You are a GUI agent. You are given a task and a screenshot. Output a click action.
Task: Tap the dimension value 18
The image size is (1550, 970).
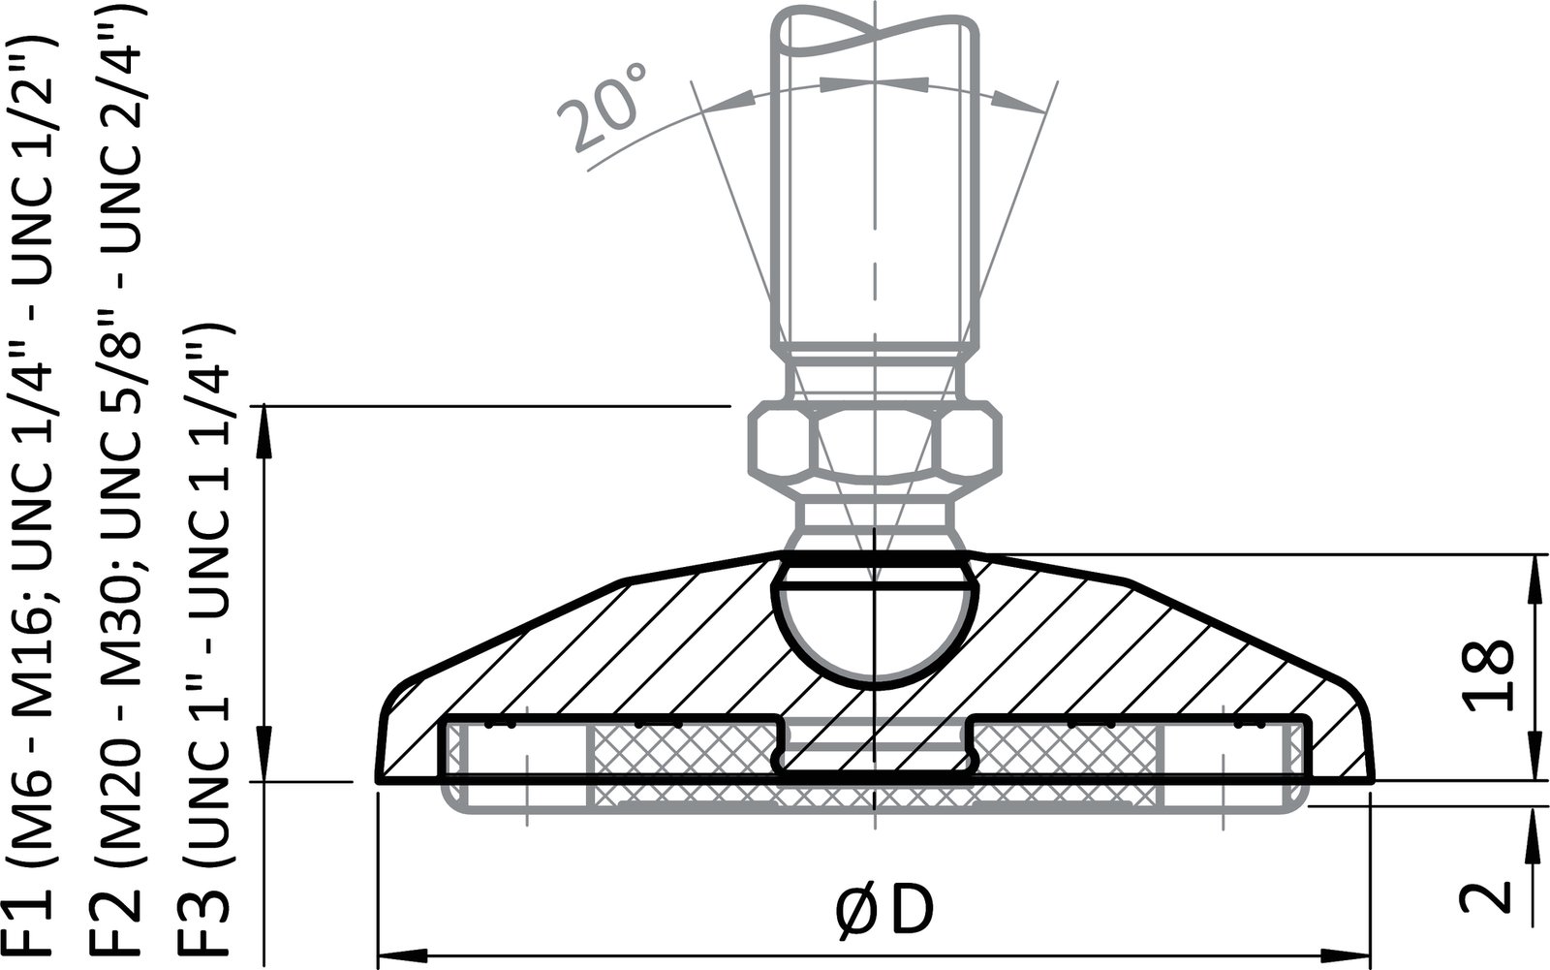coord(1488,675)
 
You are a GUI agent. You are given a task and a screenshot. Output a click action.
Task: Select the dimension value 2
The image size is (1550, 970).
coord(1488,894)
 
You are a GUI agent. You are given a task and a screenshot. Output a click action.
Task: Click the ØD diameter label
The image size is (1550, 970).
coord(883,912)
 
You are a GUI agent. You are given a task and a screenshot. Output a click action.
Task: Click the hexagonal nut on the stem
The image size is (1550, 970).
coord(874,444)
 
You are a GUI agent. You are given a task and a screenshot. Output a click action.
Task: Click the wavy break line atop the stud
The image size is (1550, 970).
coord(874,29)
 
